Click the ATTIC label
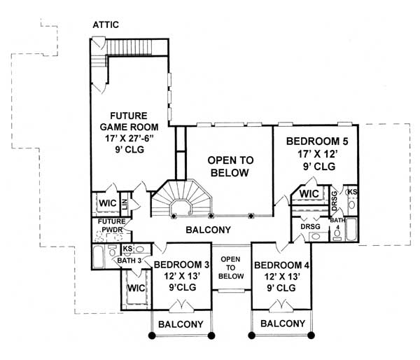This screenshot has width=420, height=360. (x=106, y=25)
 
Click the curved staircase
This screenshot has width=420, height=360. (x=181, y=200)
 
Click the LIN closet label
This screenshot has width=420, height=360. (x=126, y=203)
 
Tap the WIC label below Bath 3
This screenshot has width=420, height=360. (x=134, y=288)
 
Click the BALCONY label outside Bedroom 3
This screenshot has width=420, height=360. (x=180, y=324)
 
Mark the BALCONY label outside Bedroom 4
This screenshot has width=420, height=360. (x=283, y=324)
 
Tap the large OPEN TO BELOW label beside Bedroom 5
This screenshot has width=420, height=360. (x=228, y=167)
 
